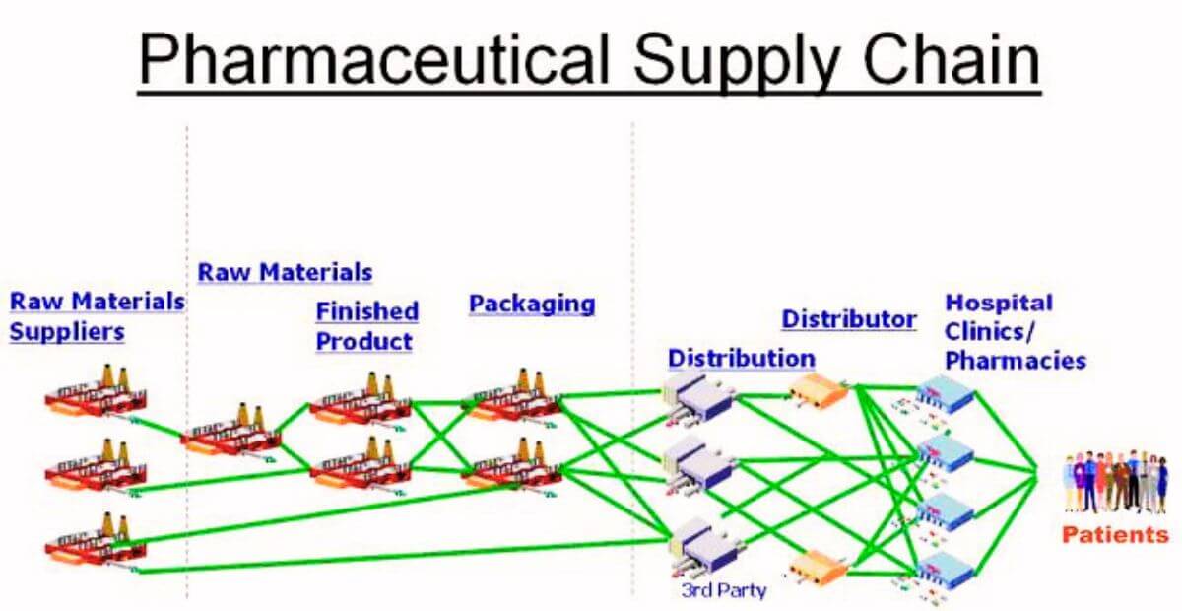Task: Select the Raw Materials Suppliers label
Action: click(97, 316)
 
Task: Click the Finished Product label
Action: click(366, 326)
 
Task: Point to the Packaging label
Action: click(531, 304)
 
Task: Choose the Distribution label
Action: click(741, 357)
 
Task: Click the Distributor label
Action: click(849, 319)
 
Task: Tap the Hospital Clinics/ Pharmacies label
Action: click(1015, 331)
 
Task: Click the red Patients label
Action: click(1115, 535)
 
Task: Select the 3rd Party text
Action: click(723, 591)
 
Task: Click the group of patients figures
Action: click(1115, 482)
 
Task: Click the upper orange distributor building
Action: click(819, 391)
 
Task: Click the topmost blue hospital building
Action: click(945, 395)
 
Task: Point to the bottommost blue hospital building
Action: click(945, 569)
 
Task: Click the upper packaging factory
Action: click(510, 394)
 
